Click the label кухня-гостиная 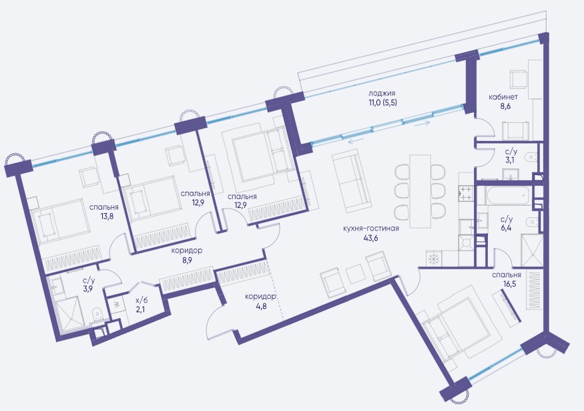coord(371,229)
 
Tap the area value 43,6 coord(371,239)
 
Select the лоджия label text coord(382,94)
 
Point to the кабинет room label coord(503,97)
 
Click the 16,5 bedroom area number coord(507,285)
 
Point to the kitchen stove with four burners coord(466,194)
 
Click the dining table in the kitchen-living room coord(420,191)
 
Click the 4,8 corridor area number coord(260,307)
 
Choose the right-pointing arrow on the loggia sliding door coord(422,123)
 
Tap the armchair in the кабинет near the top coord(519,79)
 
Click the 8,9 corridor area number coord(188,260)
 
